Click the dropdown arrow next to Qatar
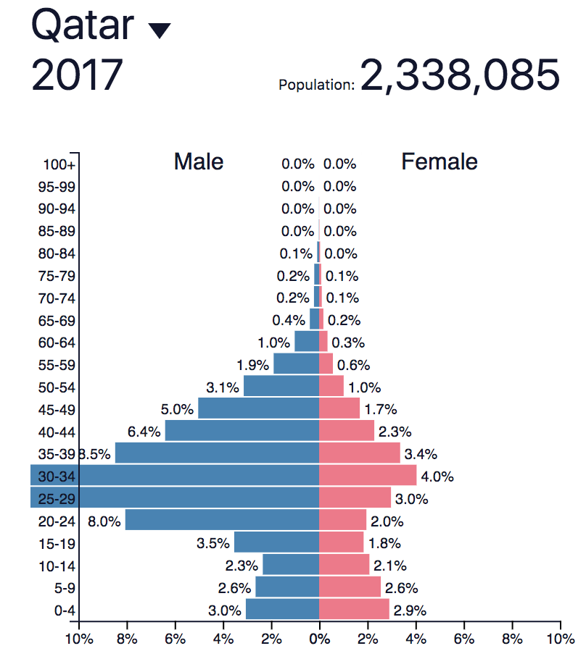coord(159,30)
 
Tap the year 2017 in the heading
coord(77,75)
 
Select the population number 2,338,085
coord(460,75)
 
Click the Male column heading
coord(199,161)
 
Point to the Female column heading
coord(439,161)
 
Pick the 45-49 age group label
coord(57,409)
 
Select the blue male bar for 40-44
coord(242,431)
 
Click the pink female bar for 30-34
coord(368,476)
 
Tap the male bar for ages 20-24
coord(222,520)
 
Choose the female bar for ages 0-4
coord(354,609)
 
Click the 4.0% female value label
coord(437,477)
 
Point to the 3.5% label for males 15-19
coord(213,543)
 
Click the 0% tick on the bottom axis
coord(319,639)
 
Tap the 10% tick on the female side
coord(560,639)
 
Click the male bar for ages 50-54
coord(281,387)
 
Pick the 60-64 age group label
coord(57,343)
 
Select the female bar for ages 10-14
coord(344,565)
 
